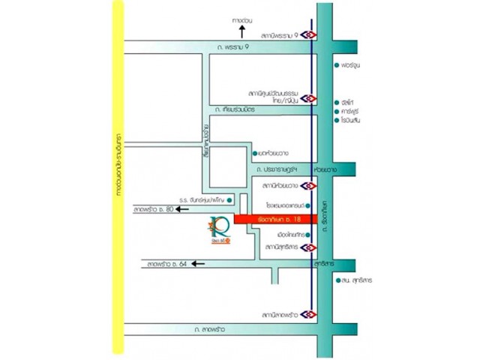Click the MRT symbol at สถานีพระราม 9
310,34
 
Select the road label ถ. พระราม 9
228,46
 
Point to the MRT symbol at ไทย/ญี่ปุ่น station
310,97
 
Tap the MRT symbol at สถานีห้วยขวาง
310,184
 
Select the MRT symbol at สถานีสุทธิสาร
310,246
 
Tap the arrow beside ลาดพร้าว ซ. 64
198,263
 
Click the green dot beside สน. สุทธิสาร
338,280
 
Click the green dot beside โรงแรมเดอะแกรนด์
304,204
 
